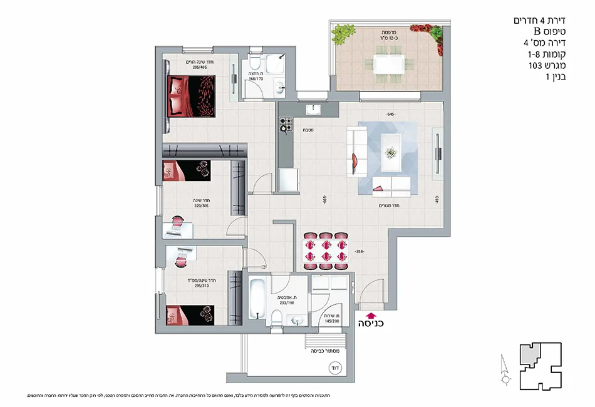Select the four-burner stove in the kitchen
[x=286, y=126]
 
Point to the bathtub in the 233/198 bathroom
[x=257, y=300]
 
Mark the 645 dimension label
[x=391, y=115]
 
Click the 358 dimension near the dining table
[x=359, y=252]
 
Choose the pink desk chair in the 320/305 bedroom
[x=177, y=221]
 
